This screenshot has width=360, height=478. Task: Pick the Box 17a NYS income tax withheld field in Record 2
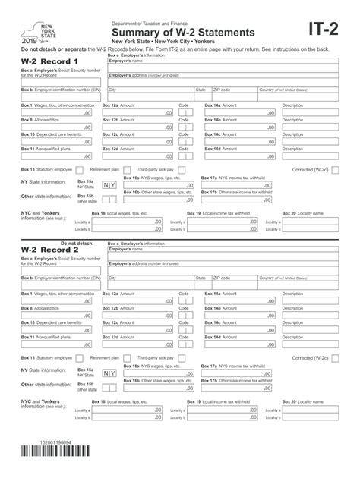236,373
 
